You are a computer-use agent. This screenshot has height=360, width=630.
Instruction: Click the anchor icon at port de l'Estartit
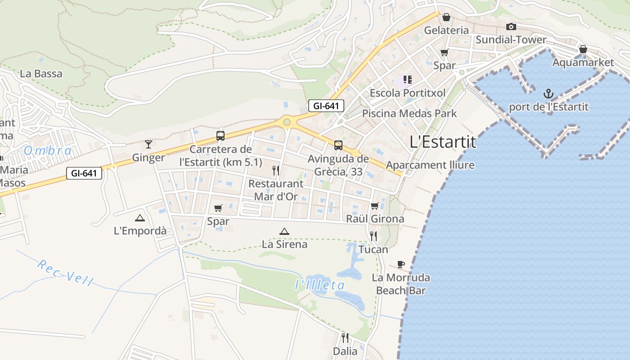tap(548, 94)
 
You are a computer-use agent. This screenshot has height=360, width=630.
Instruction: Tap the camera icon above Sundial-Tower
tap(511, 27)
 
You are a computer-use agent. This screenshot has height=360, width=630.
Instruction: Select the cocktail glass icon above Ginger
tap(148, 144)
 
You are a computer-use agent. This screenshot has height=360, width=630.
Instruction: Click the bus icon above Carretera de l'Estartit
tap(220, 135)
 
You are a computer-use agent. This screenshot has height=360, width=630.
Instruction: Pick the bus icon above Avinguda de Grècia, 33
tap(338, 145)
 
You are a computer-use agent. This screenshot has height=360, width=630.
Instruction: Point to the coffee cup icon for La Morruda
tap(401, 264)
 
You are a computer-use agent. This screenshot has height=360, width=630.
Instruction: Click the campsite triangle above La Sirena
tap(284, 231)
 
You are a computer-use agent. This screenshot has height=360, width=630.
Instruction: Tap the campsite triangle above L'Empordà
tap(139, 218)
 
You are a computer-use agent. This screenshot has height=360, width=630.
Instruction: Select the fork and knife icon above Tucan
tap(373, 236)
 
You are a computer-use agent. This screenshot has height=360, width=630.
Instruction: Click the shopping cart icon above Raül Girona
tap(375, 206)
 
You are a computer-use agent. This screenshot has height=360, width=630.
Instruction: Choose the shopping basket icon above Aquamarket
tap(583, 49)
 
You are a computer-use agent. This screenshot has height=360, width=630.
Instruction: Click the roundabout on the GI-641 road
tap(287, 122)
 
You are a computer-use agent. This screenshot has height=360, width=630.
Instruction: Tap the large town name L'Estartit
tap(443, 142)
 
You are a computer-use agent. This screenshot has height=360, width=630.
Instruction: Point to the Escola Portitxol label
tap(407, 93)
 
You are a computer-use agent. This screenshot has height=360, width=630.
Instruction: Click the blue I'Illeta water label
tap(320, 285)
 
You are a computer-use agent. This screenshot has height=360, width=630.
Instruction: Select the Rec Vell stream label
tap(66, 273)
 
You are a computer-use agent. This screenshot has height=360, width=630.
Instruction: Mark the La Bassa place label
tap(41, 73)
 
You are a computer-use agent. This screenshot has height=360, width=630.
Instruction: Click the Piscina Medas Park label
tap(409, 113)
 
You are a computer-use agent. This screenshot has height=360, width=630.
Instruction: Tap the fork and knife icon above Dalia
tap(345, 337)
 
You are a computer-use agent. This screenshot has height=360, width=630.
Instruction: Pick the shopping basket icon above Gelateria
tap(446, 17)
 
